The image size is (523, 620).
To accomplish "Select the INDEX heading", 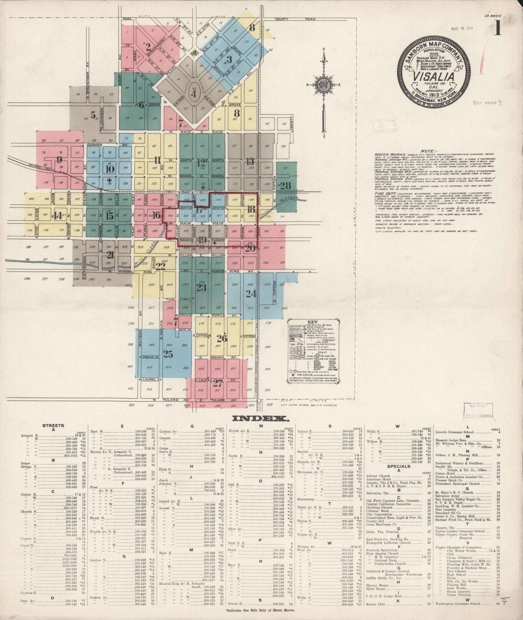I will tap(260, 419).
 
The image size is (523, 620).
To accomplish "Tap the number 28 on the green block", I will tap(285, 186).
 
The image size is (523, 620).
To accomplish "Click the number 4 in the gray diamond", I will tap(194, 94).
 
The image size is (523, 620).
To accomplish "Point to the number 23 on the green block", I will tap(201, 287).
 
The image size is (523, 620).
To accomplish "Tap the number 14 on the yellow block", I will tap(58, 216).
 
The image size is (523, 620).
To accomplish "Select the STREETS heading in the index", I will tap(53, 426).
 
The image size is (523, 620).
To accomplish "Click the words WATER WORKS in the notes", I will tap(387, 154).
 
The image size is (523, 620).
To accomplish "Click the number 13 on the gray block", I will tap(250, 161).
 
